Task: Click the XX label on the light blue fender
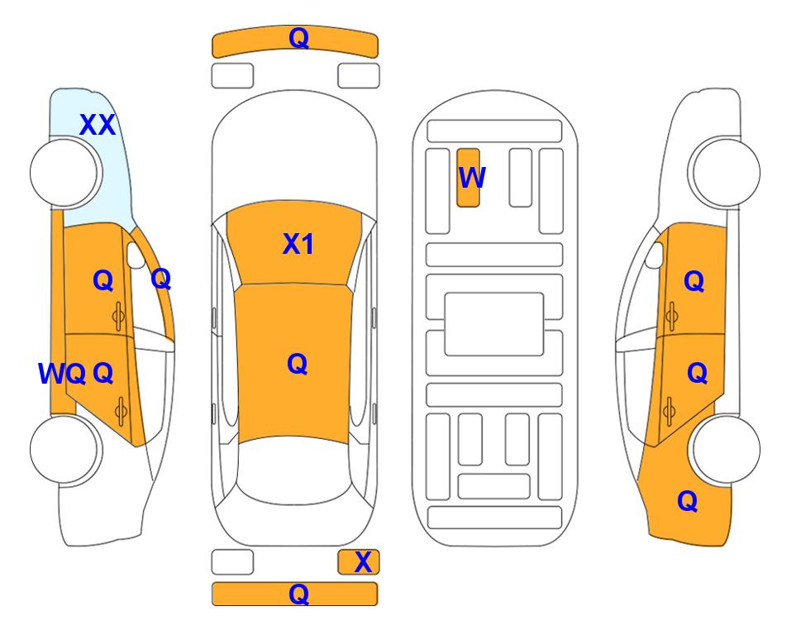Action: pos(98,125)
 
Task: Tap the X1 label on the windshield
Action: pos(298,244)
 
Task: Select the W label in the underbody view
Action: pos(472,177)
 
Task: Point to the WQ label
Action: pos(62,374)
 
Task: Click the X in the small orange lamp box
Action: pos(363,562)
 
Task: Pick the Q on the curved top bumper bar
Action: pos(298,38)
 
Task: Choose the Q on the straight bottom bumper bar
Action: pos(298,594)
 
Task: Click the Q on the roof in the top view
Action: pos(298,364)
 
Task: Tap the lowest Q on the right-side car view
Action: pos(688,501)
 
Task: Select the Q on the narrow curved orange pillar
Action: pos(161,279)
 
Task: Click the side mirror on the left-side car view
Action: pos(136,255)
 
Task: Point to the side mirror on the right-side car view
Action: pos(655,255)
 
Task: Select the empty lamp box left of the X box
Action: pos(232,562)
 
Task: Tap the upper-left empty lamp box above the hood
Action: pos(232,76)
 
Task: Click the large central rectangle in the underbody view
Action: pos(494,324)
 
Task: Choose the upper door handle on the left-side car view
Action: pos(118,316)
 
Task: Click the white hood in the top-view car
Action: pos(294,152)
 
